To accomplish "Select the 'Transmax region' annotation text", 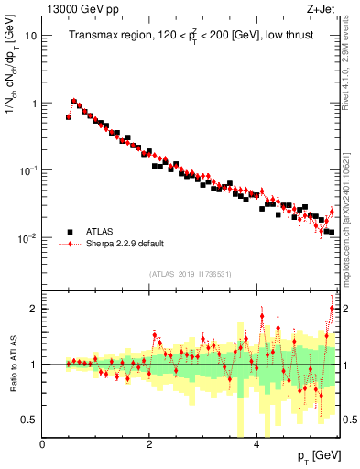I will (x=104, y=36).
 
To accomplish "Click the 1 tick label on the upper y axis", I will (x=35, y=104).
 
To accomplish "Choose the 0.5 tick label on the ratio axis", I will (x=30, y=420).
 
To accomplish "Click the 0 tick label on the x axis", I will (x=42, y=443).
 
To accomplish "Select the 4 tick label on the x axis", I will (x=256, y=443).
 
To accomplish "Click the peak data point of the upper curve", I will (x=74, y=102).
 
